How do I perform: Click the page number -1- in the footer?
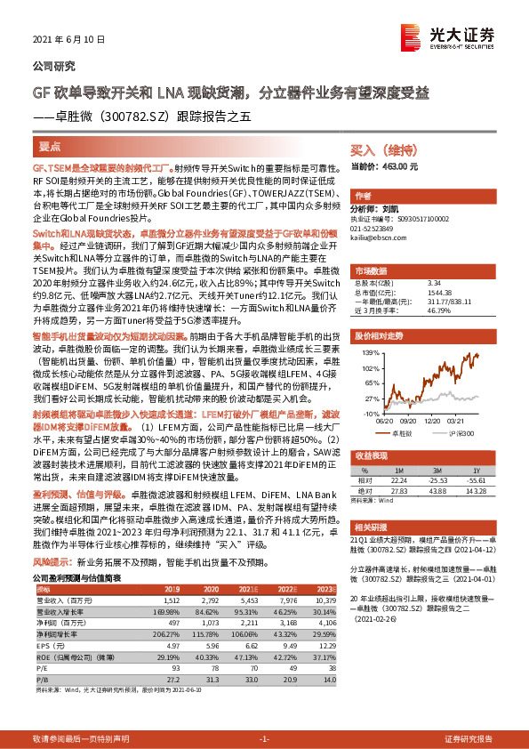pyautogui.click(x=264, y=739)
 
